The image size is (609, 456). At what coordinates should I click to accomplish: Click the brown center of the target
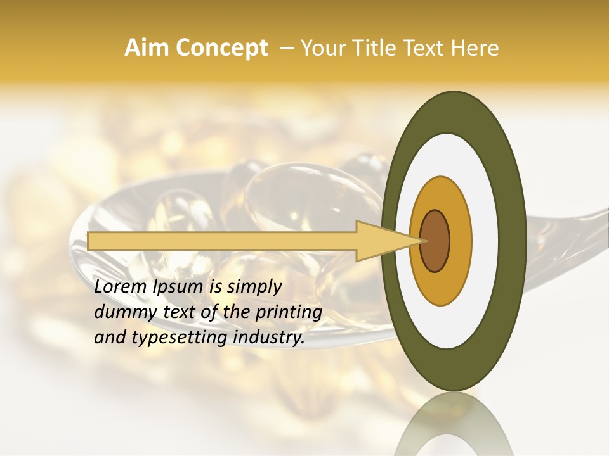[x=435, y=241]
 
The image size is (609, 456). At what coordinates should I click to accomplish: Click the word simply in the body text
[x=253, y=288]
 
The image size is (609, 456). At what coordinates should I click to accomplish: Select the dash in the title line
[x=286, y=48]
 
